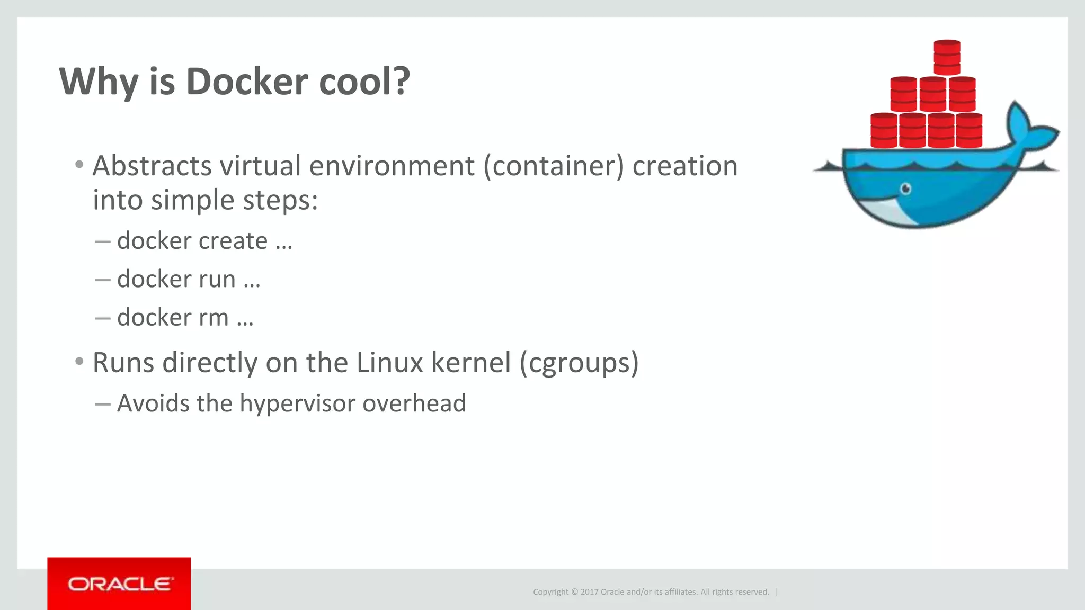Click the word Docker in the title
click(246, 82)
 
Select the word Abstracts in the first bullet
click(152, 166)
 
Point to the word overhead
click(414, 403)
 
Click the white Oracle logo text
click(119, 584)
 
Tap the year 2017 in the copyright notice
click(589, 592)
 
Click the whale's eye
click(906, 189)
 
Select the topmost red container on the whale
click(947, 57)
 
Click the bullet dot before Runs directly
click(79, 362)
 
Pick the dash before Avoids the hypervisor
click(103, 405)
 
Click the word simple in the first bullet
click(192, 200)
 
